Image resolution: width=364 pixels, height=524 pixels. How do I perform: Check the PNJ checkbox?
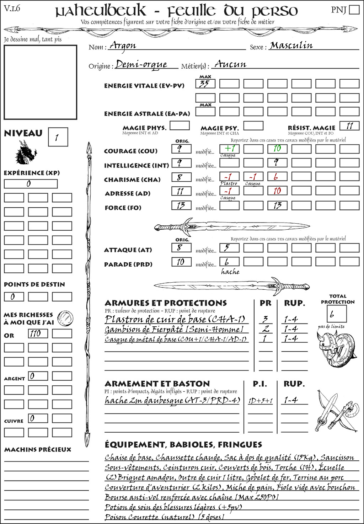pos(354,9)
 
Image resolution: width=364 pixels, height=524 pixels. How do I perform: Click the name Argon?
pos(123,46)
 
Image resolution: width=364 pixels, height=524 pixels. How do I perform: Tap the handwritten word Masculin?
pos(291,46)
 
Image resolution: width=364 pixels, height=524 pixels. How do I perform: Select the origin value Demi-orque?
pos(141,64)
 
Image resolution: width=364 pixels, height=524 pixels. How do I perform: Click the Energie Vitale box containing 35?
pos(205,84)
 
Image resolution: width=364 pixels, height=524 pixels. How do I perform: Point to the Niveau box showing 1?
pos(58,137)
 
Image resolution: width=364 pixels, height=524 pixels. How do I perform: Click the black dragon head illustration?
pos(26,153)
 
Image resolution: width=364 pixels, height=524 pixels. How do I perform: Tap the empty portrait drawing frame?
pos(40,82)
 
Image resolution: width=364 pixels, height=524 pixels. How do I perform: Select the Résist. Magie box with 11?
pos(349,126)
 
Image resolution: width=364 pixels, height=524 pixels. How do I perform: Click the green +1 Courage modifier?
pos(229,149)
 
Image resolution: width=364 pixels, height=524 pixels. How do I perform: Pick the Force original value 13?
pos(181,205)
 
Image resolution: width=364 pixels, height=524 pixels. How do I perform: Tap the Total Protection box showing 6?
pos(336,314)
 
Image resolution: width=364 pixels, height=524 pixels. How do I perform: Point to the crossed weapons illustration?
pos(336,411)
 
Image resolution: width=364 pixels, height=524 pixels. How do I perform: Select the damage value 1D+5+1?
pos(260,401)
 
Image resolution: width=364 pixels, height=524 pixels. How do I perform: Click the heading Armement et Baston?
pos(157,384)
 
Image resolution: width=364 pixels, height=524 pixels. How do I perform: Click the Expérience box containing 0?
pos(31,184)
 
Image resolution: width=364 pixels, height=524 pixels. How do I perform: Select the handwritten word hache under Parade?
pos(230,272)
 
